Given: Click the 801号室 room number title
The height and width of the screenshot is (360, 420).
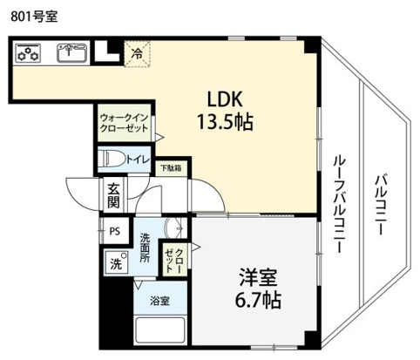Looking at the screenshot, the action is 34,17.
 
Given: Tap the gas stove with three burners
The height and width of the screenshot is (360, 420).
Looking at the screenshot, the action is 28,52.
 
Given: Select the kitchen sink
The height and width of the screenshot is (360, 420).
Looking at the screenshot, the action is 71,53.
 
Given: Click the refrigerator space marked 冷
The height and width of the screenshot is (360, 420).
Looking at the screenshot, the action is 137,54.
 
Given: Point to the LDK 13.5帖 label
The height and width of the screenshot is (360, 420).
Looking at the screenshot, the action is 225,111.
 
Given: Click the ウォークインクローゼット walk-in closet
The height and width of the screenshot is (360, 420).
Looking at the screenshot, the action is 124,123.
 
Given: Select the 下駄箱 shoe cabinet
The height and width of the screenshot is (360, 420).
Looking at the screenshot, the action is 171,168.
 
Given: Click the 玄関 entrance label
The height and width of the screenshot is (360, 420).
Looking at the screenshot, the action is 113,195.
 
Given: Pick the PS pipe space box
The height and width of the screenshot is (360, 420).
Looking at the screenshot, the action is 115,231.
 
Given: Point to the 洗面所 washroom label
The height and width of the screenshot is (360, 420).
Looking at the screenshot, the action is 145,248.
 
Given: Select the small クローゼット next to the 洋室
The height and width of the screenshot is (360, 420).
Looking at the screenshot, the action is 173,259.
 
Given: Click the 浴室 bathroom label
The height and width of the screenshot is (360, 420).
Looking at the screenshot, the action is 159,301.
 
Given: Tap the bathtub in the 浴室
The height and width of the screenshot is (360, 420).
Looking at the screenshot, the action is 160,330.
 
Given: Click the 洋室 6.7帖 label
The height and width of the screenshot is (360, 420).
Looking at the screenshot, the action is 257,288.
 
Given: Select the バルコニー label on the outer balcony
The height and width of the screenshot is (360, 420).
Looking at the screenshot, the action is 380,204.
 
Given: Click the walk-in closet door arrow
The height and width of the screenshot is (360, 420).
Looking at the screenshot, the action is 159,137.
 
